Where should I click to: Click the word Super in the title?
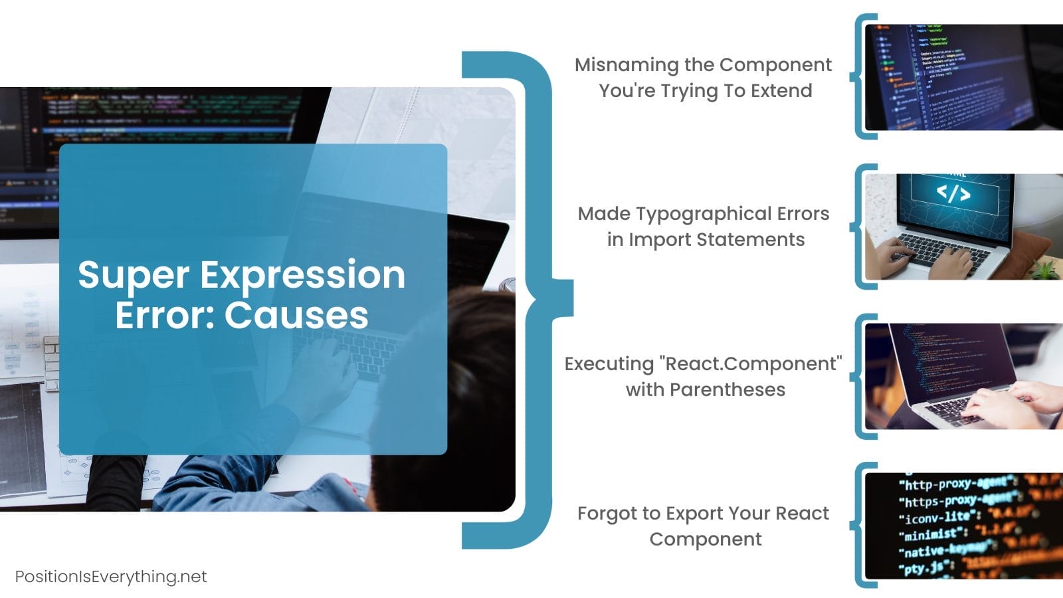point(134,275)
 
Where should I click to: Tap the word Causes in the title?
point(296,315)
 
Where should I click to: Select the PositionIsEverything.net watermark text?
point(111,576)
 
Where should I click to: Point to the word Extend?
point(781,90)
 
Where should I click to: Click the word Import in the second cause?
point(660,239)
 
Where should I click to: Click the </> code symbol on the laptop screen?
point(953,193)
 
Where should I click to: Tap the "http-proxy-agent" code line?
point(955,483)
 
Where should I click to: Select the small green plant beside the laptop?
point(1044,270)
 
